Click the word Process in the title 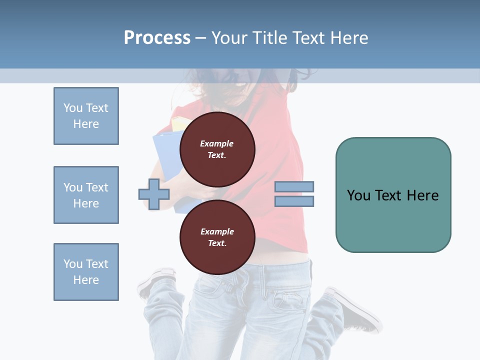coord(157,37)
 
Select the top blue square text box coord(86,116)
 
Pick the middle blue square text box coord(86,195)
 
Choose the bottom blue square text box coord(86,272)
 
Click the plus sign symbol coord(154,194)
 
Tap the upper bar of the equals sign coord(294,186)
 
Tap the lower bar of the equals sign coord(294,201)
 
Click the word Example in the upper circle coord(217,143)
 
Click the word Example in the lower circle coord(217,231)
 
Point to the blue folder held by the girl coord(165,160)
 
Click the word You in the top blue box coord(73,108)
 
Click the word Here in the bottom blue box coord(86,280)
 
